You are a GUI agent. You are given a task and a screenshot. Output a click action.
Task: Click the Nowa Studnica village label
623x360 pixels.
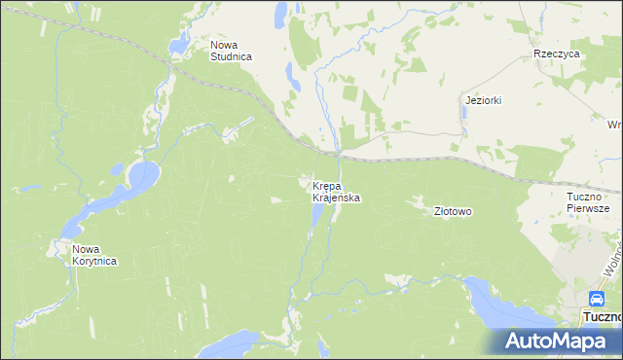[x=232, y=51]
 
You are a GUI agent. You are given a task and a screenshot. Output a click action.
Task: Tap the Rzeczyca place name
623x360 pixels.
[x=557, y=54]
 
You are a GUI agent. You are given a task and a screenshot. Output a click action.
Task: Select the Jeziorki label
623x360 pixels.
[x=483, y=101]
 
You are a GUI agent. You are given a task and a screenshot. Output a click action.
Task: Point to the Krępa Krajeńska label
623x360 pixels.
[x=337, y=191]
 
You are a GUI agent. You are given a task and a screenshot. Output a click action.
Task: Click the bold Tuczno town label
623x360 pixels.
[x=600, y=317]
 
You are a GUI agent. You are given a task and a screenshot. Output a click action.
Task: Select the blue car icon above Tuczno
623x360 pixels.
[x=596, y=299]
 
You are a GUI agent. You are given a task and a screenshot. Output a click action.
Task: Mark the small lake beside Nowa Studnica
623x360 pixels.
[x=179, y=43]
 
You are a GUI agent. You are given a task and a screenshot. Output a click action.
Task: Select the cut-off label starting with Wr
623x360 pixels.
[x=614, y=125]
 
